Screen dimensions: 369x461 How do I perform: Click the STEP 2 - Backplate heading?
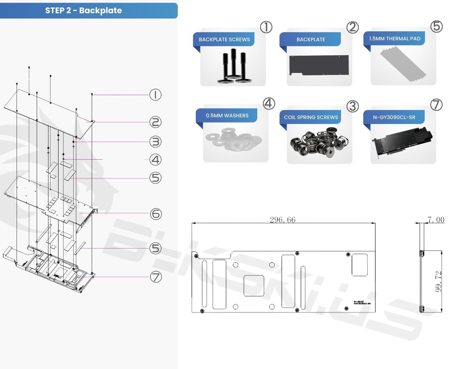pos(84,11)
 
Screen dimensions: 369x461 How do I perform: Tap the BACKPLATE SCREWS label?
pos(224,39)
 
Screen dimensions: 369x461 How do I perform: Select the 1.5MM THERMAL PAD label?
pos(394,39)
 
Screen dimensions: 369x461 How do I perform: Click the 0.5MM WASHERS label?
pos(227,116)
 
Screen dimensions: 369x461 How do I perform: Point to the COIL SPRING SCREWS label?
pos(311,117)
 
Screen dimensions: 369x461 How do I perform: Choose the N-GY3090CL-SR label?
pos(394,117)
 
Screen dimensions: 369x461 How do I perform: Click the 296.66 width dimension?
pos(282,220)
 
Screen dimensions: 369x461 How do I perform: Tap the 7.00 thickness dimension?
pos(436,220)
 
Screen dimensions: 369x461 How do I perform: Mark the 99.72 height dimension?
pos(438,281)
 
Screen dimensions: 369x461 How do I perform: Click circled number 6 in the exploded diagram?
pos(156,214)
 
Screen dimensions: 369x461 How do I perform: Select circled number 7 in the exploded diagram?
pos(156,277)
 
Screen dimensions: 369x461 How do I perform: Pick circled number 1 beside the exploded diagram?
pos(155,95)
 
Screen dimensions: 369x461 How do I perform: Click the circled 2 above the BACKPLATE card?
pos(352,27)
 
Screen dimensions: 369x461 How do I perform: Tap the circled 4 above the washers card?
pos(269,103)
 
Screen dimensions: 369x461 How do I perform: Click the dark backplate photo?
pos(319,65)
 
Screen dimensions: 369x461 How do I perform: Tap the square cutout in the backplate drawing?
pos(254,286)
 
